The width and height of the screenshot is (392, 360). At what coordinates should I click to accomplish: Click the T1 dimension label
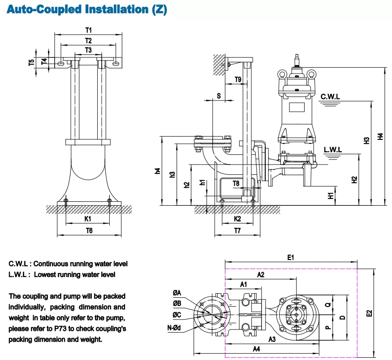pyautogui.click(x=88, y=30)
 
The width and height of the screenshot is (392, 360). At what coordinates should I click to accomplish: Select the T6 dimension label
pyautogui.click(x=89, y=230)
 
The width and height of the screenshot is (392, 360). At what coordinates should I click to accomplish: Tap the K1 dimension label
pyautogui.click(x=88, y=219)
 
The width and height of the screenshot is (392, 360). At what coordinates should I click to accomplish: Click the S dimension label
pyautogui.click(x=219, y=95)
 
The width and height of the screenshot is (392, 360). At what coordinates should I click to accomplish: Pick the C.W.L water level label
pyautogui.click(x=331, y=96)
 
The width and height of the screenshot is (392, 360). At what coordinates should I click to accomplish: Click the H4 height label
pyautogui.click(x=380, y=136)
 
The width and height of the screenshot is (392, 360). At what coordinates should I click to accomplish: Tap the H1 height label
pyautogui.click(x=331, y=195)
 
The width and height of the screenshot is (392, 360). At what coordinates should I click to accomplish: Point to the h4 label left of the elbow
pyautogui.click(x=157, y=171)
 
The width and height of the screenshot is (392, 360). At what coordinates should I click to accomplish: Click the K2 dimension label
pyautogui.click(x=238, y=219)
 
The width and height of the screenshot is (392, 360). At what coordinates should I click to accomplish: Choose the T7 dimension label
pyautogui.click(x=237, y=230)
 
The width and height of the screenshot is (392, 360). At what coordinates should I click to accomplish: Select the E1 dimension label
pyautogui.click(x=290, y=257)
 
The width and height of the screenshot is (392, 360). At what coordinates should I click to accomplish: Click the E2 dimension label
pyautogui.click(x=369, y=313)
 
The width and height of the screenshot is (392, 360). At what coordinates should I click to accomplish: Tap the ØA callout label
pyautogui.click(x=177, y=293)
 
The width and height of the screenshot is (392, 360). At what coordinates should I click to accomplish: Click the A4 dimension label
pyautogui.click(x=256, y=348)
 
